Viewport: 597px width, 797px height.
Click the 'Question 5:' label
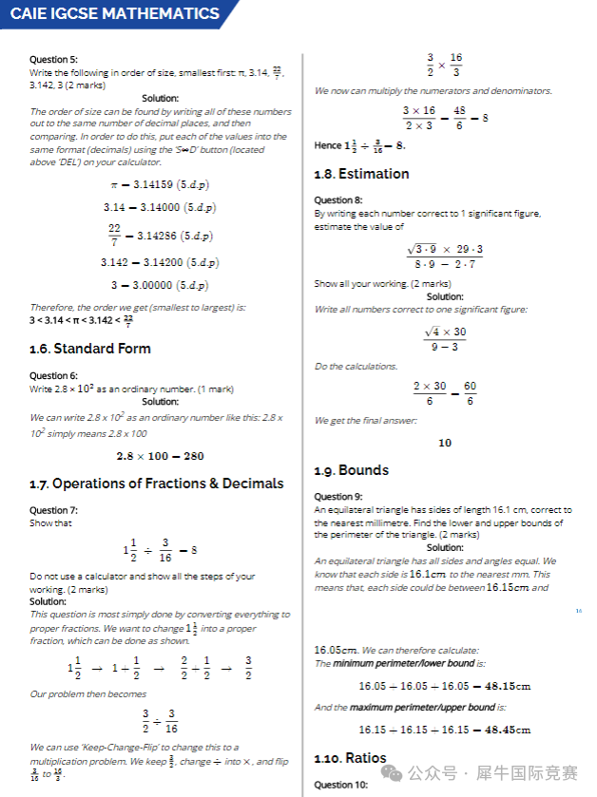53,59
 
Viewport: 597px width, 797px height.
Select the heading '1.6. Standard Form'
89,349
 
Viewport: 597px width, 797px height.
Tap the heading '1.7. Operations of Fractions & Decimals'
156,484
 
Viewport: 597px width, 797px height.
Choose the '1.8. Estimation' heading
361,174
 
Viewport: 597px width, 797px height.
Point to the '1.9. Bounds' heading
351,470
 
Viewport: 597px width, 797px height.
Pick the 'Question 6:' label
53,376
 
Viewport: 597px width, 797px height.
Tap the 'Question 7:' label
53,510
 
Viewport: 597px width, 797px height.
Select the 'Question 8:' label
337,200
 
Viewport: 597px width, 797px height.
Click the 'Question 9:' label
337,497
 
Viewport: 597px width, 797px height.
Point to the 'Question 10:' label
340,785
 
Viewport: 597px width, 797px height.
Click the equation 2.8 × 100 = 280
160,456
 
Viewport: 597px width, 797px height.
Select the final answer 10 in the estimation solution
445,443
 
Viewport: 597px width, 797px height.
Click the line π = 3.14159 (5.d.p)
160,183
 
